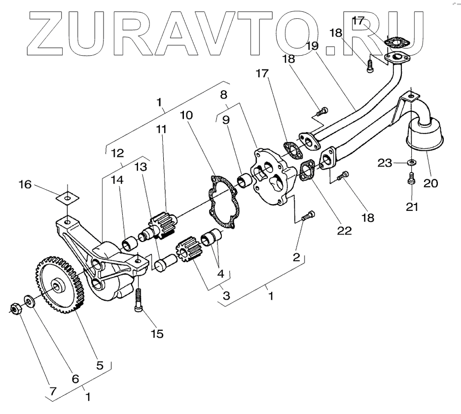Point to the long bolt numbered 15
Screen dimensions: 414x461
138,299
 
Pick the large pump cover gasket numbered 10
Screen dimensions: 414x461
224,202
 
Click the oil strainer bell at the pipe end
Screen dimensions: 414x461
424,135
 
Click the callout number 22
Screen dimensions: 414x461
345,231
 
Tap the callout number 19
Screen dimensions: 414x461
312,46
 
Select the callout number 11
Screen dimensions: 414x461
161,130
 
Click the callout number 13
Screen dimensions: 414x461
141,167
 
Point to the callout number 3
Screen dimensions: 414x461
226,296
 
